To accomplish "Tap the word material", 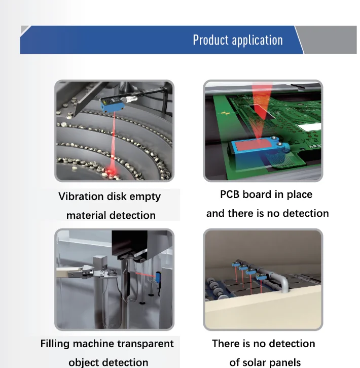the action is coord(85,215).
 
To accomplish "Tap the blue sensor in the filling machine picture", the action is coord(158,281).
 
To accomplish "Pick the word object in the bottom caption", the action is coord(85,362).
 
